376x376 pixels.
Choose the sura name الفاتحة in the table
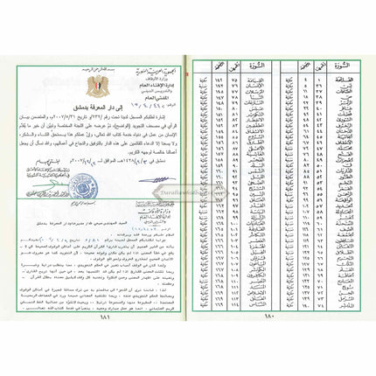(x=336, y=77)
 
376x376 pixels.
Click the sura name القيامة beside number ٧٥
(x=247, y=77)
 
